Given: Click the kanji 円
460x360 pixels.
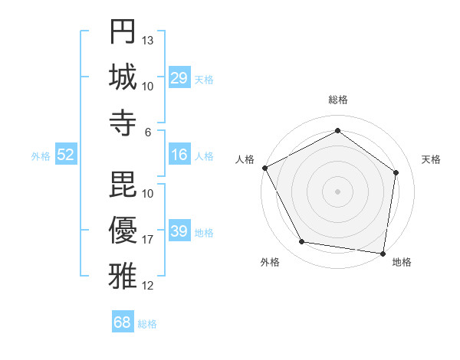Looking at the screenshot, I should click(123, 31).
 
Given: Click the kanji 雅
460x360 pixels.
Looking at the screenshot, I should click(123, 275).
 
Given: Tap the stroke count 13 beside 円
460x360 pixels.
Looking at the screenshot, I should click(149, 40).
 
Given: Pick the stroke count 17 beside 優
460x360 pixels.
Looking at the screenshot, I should click(149, 240).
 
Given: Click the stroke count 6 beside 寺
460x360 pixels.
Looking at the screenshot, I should click(149, 132).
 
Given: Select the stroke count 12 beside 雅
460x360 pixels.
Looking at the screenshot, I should click(149, 286).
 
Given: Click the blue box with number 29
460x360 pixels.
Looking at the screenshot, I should click(179, 78).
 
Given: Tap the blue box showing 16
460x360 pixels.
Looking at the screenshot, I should click(179, 155).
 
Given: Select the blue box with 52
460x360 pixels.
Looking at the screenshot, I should click(66, 155).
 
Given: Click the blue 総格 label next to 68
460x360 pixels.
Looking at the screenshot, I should click(147, 324).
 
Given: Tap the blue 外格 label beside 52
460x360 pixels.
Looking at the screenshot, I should click(41, 156).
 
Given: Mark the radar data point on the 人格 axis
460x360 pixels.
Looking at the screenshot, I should click(264, 168).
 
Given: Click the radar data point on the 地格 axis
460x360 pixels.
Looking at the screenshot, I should click(383, 252).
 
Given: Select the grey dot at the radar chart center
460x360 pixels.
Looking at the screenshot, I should click(337, 191).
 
